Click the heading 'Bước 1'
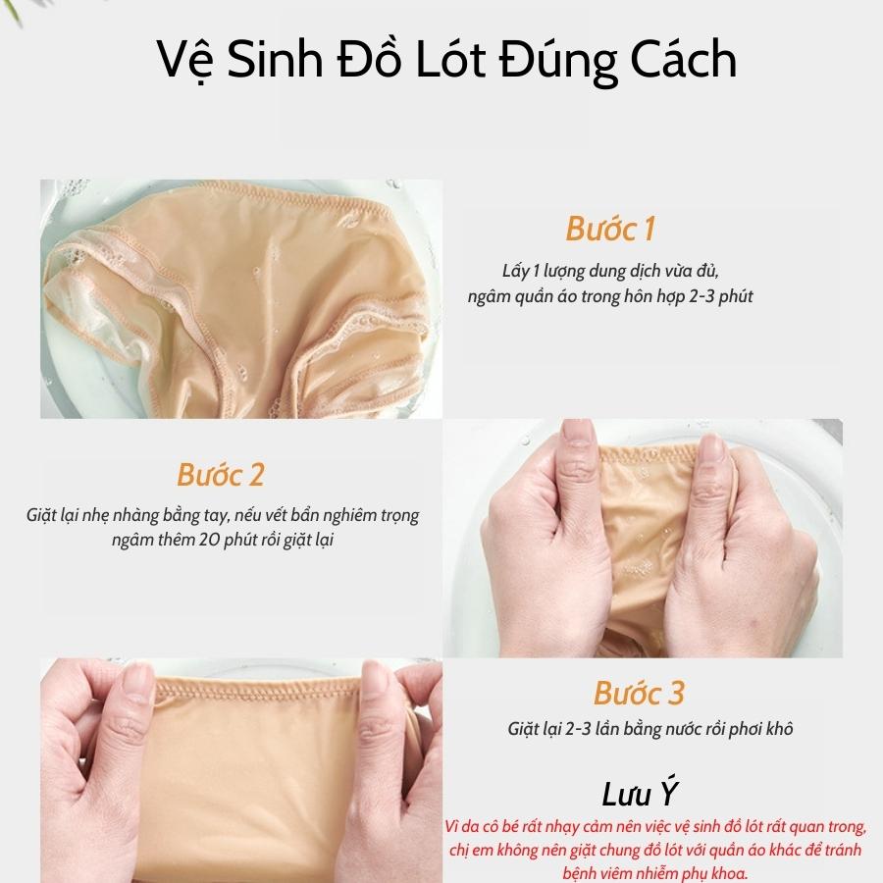610,230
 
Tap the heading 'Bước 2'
220,475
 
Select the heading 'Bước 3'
639,694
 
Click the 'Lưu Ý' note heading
639,794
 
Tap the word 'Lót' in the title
450,59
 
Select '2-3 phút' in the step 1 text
721,296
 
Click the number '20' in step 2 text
207,540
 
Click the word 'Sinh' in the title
276,59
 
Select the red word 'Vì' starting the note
452,827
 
